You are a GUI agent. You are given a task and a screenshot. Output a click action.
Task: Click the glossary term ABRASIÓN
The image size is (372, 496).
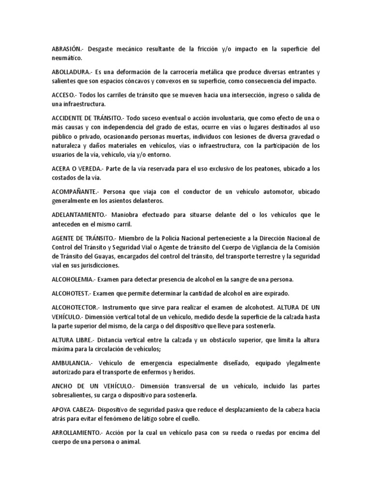click(68, 49)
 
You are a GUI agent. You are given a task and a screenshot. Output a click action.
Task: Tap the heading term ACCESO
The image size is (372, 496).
click(65, 95)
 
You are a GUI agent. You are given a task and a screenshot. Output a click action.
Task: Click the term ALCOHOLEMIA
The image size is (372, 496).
click(72, 279)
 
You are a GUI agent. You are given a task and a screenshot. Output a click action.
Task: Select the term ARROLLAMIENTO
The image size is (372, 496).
click(77, 432)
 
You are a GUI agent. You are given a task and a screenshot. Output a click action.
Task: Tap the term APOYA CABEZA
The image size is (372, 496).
click(71, 409)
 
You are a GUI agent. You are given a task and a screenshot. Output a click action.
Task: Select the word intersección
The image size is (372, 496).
click(271, 95)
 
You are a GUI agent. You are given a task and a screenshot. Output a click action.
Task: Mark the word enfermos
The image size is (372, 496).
click(153, 372)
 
